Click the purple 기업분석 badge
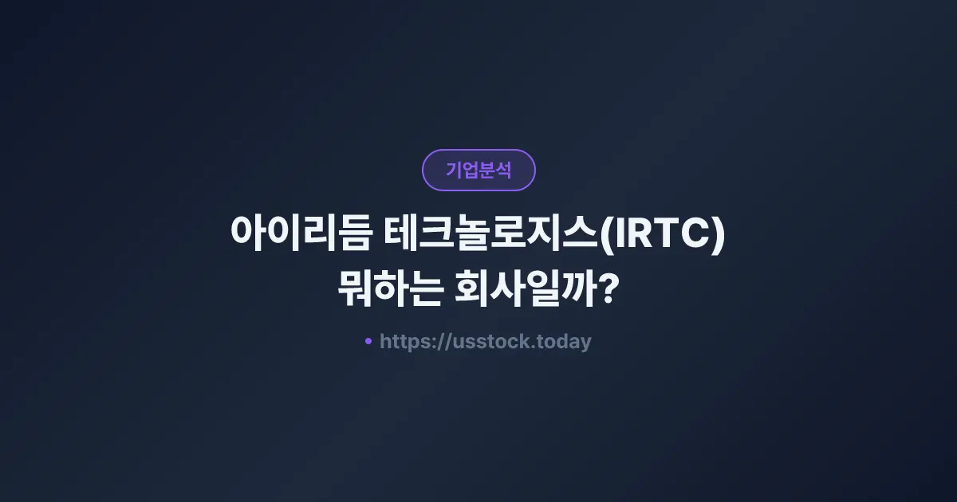point(478,170)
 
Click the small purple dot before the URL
point(368,341)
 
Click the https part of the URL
point(403,342)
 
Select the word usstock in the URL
point(492,342)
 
